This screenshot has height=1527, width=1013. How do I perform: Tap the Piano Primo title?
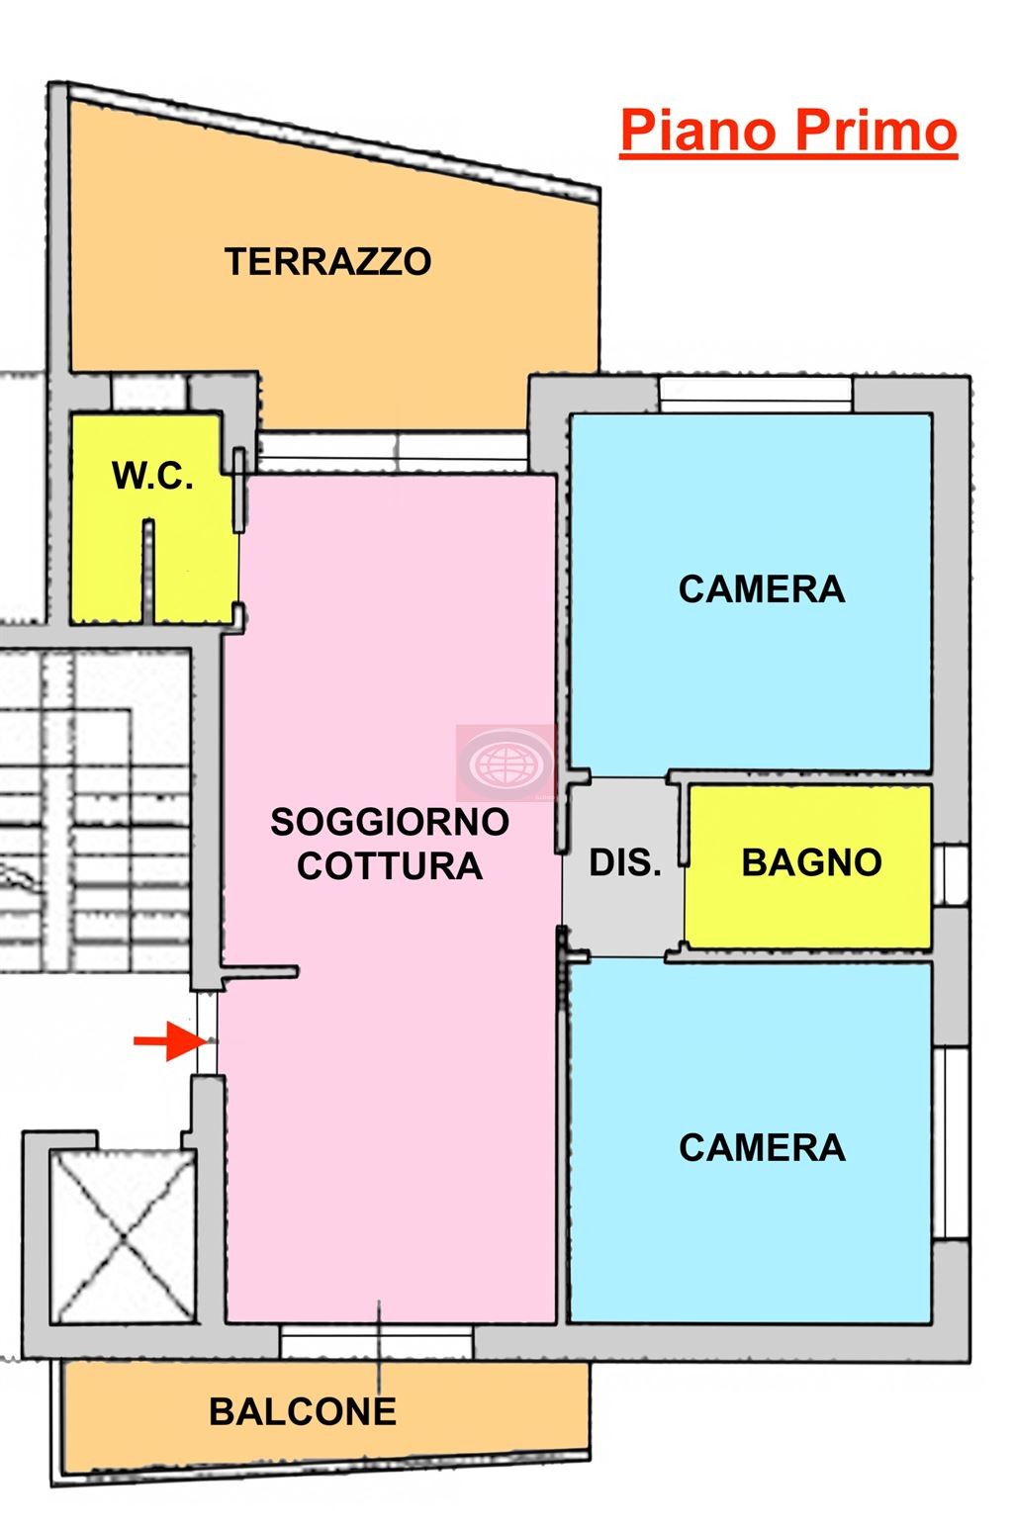[788, 132]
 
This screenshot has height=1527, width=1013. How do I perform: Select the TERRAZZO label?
[327, 262]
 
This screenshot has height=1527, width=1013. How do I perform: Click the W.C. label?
[152, 476]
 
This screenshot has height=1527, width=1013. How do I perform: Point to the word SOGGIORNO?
[390, 822]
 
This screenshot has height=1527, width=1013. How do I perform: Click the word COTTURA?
[390, 866]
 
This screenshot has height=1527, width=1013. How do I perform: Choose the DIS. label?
[625, 862]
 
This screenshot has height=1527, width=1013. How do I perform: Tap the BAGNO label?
[811, 862]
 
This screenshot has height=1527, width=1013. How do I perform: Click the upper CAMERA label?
[761, 589]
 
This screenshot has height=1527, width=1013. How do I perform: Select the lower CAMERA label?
[761, 1147]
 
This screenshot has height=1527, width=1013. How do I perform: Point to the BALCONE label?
[303, 1411]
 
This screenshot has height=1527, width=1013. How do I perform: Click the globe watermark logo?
[506, 762]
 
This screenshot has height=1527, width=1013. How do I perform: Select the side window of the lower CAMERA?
[952, 1142]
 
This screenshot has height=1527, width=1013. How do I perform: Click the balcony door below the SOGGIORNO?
[376, 1342]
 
